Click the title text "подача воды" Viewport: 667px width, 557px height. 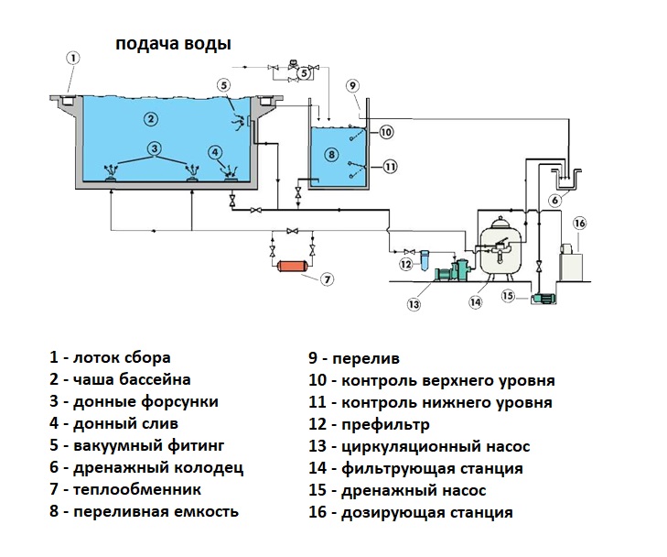point(172,44)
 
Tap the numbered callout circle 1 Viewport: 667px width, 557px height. point(74,58)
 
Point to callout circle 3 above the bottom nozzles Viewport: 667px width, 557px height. point(155,149)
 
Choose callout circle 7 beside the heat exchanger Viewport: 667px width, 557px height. point(327,278)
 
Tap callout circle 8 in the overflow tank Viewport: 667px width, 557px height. point(330,154)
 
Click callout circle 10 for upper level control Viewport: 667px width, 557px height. point(386,132)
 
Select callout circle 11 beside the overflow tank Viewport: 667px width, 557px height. point(391,167)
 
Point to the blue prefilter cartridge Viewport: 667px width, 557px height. point(424,266)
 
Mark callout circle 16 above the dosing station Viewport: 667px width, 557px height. point(579,223)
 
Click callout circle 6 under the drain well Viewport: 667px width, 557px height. point(554,201)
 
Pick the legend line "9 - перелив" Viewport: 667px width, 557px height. point(353,357)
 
